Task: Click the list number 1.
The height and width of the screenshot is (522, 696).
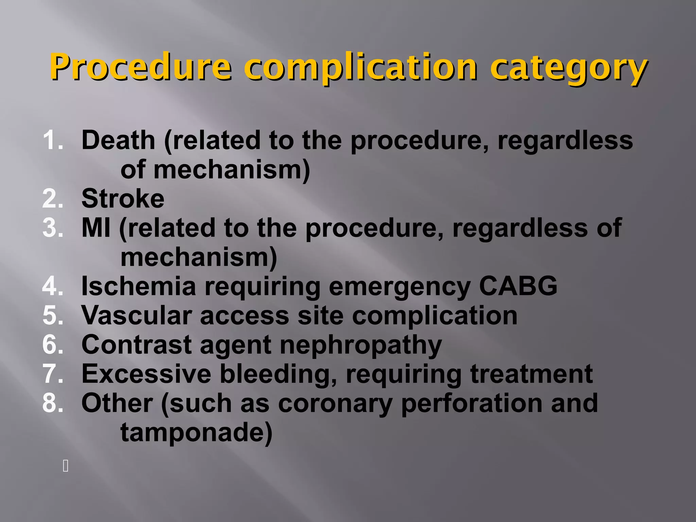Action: (53, 140)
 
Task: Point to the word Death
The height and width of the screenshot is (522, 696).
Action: (118, 140)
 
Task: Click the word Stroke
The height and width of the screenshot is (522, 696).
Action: (123, 198)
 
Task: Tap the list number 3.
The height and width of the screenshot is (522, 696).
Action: (53, 228)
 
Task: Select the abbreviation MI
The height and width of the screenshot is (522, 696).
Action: (96, 228)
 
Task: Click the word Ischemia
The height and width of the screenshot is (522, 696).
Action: (139, 286)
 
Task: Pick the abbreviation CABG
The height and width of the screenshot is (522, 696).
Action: (518, 286)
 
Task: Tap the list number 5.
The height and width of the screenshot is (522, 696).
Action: (53, 316)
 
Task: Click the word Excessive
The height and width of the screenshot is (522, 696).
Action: (146, 374)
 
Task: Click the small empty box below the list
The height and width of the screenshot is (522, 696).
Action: (66, 466)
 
